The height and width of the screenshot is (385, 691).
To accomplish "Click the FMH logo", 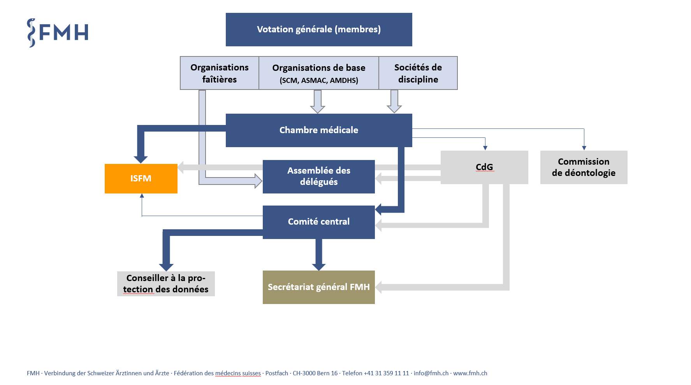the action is [58, 33].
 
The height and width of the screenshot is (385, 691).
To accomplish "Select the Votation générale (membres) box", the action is [319, 30].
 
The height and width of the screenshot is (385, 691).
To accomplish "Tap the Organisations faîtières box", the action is [220, 73].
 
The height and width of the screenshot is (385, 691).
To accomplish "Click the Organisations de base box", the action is [319, 73].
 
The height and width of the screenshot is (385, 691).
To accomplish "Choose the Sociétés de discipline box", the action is [418, 73].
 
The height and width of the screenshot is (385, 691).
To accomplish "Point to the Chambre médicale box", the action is [319, 130].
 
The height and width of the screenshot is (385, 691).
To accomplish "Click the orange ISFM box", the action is [141, 179].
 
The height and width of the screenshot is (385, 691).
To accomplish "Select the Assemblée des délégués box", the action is [319, 177].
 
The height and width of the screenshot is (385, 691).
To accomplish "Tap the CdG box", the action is [484, 167].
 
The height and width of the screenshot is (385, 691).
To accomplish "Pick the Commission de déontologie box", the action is [584, 167].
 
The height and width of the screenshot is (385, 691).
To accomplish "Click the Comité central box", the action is [319, 222].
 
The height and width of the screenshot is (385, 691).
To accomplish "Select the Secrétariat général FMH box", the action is [319, 287].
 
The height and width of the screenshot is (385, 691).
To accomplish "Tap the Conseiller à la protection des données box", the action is [166, 284].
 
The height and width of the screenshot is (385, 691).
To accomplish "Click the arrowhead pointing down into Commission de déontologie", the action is [584, 148].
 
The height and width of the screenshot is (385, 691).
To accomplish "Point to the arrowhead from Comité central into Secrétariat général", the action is [319, 267].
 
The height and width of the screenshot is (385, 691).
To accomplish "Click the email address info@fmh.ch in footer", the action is [431, 373].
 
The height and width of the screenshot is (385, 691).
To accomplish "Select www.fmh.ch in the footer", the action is [470, 373].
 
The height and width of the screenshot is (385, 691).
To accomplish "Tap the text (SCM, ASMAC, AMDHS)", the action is [319, 81].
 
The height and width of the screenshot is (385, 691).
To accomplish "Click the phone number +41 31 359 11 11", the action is [387, 373].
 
